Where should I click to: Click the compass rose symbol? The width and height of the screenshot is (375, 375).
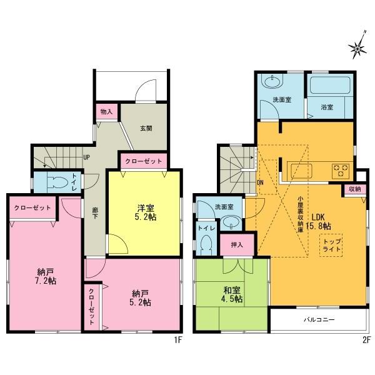point(358,44)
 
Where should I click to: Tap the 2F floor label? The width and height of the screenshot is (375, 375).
point(365,340)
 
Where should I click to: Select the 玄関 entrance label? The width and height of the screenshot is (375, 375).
point(146,128)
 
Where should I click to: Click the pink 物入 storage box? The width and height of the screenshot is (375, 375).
point(107,111)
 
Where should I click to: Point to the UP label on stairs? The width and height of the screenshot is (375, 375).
point(88,157)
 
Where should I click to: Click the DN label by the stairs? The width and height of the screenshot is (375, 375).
point(260,182)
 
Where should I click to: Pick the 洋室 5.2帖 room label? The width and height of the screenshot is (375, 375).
point(143,214)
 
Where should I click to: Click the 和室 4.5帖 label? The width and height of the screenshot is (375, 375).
point(232,294)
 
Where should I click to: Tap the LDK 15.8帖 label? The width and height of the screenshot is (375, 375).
point(319,221)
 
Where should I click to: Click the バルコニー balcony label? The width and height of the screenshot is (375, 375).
point(319,319)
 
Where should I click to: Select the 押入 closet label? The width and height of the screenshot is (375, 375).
point(237,244)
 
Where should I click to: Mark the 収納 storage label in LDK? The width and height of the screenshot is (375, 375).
point(354,189)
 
